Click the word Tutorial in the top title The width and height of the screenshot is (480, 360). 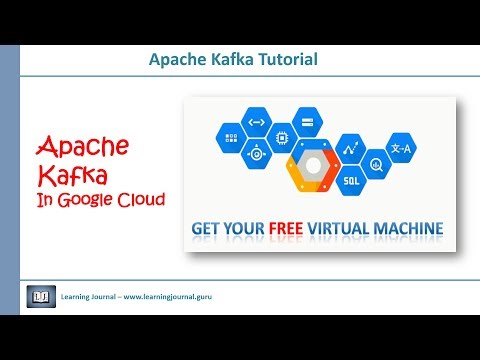point(284,60)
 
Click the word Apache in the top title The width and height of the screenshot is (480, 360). point(176,60)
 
